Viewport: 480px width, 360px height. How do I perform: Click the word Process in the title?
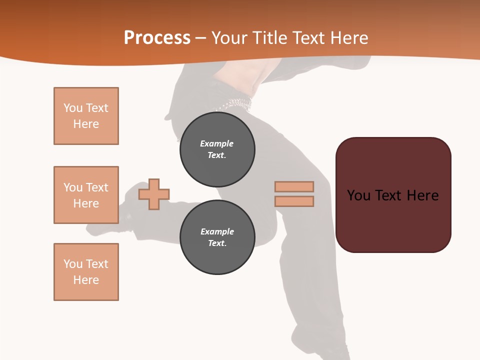[157, 38]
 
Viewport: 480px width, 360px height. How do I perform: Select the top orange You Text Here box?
[86, 116]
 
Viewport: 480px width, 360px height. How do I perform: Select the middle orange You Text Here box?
[86, 195]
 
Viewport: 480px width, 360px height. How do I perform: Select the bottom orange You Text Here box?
[86, 272]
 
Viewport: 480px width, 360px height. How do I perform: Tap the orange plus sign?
[154, 194]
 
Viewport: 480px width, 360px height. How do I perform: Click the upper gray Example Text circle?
[217, 149]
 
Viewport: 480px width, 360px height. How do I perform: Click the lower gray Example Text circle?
[217, 237]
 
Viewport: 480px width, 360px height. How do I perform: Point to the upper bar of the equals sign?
[294, 186]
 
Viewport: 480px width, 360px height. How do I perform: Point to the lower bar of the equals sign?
[294, 201]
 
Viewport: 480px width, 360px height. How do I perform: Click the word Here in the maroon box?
[422, 195]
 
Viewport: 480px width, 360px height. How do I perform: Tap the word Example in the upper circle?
[217, 143]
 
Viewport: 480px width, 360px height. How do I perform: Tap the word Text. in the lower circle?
[217, 243]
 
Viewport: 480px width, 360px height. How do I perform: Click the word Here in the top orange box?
[86, 124]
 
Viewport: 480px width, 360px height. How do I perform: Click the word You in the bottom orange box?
[73, 264]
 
